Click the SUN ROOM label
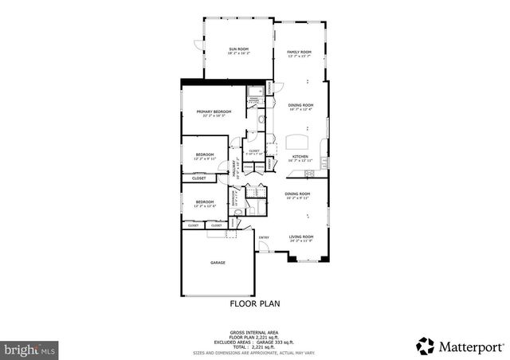pos(239,49)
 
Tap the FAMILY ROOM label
pos(299,52)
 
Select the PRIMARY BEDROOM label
pos(214,112)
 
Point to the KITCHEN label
pos(300,156)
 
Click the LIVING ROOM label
pos(300,237)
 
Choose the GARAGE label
pos(218,262)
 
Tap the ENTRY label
pos(264,237)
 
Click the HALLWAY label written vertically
pos(235,167)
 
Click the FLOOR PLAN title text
pos(254,303)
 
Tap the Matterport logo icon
pos(426,346)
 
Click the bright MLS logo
pos(29,349)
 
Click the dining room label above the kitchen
pos(300,105)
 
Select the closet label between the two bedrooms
pos(198,178)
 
